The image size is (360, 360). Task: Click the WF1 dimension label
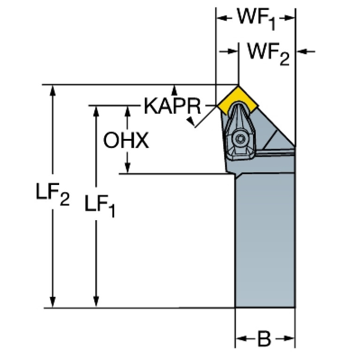[x=256, y=19]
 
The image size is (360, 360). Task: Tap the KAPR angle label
[x=172, y=106]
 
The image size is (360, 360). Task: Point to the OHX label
[x=126, y=140]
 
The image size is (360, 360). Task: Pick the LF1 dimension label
[x=99, y=206]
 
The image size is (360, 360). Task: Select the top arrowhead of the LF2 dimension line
[x=53, y=90]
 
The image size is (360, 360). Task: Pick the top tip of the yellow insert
[x=238, y=86]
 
